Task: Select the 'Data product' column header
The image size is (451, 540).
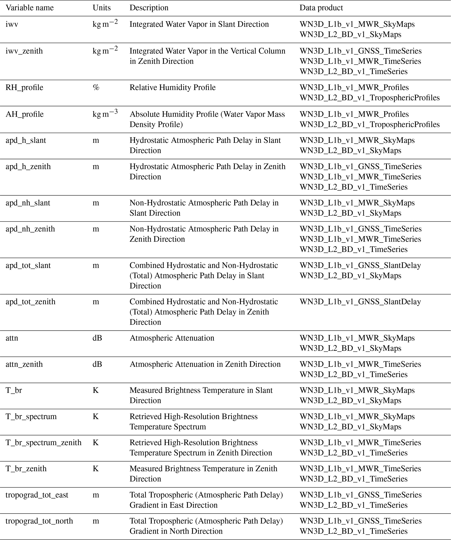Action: click(321, 8)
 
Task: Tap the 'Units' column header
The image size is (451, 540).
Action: click(102, 8)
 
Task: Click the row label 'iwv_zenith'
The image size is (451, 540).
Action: click(24, 51)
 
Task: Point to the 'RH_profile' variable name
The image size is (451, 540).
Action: click(24, 87)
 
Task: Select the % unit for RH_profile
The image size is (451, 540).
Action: click(96, 87)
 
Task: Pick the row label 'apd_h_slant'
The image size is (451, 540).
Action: click(26, 140)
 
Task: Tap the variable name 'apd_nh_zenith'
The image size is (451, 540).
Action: click(30, 229)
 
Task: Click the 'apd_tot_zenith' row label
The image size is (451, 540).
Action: click(30, 302)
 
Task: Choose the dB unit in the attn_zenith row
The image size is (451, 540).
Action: click(97, 364)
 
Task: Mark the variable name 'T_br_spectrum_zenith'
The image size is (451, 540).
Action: click(43, 443)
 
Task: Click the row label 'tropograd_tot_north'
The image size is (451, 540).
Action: click(39, 521)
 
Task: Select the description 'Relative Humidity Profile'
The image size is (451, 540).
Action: click(172, 87)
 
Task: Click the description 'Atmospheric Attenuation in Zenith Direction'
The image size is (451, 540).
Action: click(205, 364)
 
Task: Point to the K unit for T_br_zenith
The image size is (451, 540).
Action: click(95, 469)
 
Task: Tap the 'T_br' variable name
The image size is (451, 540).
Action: click(14, 390)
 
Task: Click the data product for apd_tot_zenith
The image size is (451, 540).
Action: click(360, 302)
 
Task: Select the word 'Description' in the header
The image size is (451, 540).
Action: click(149, 8)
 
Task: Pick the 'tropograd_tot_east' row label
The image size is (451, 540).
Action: click(37, 495)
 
